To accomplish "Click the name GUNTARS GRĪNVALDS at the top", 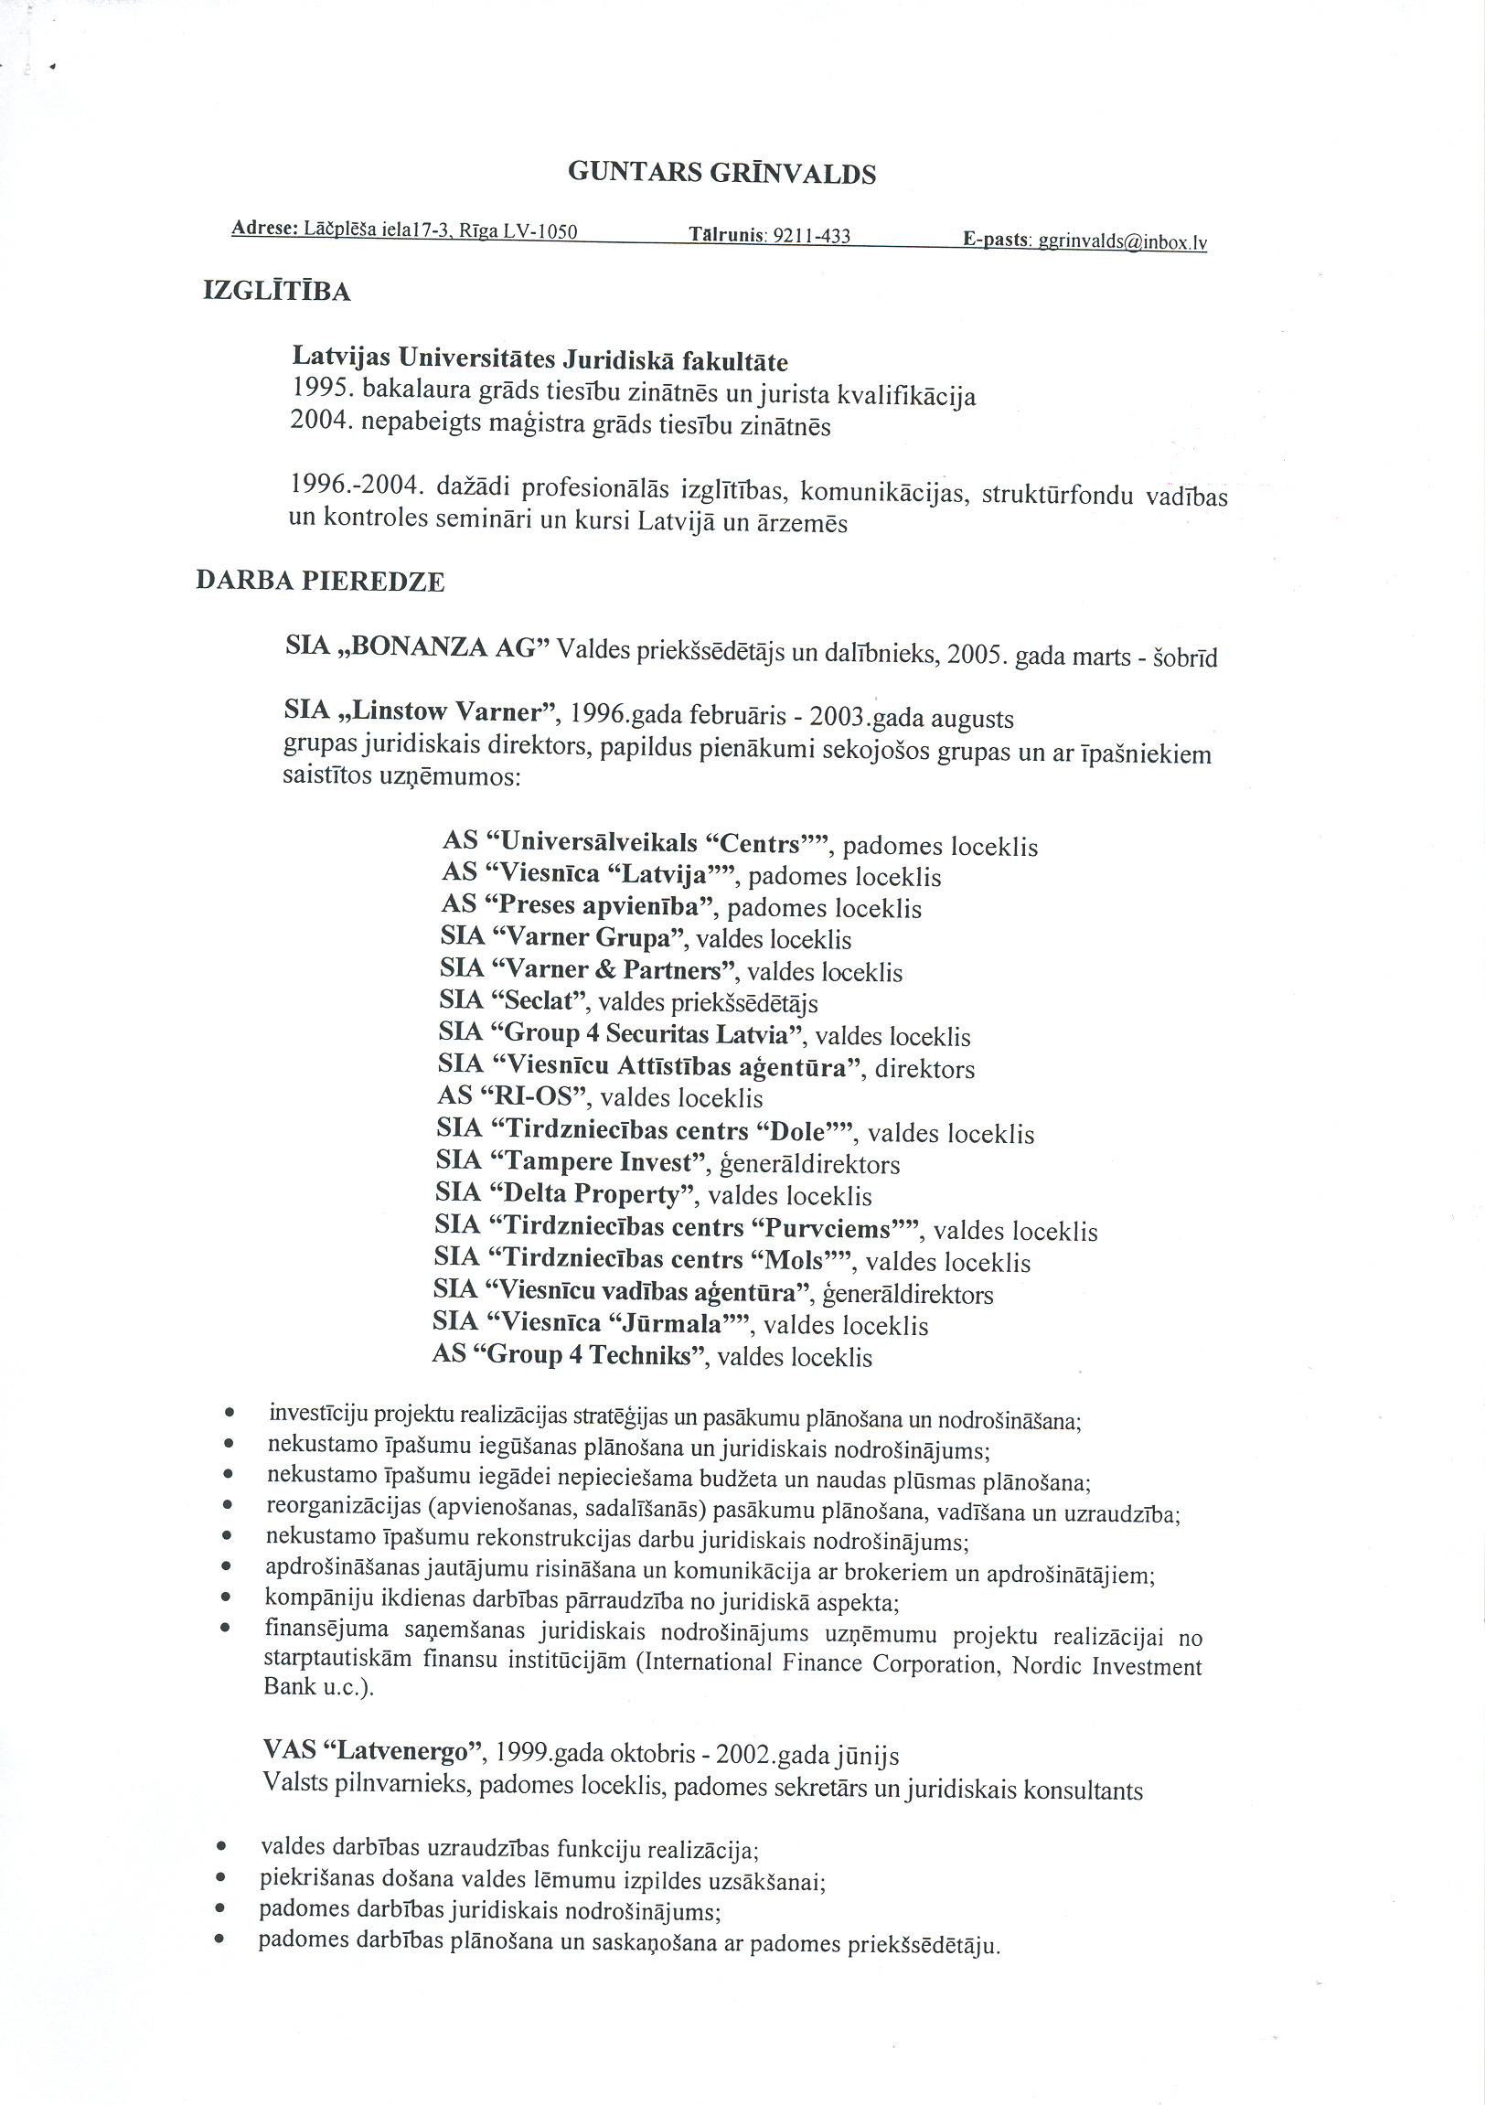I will click(x=721, y=172).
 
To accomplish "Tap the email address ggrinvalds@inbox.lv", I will click(x=1121, y=243).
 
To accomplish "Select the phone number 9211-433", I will click(x=812, y=237).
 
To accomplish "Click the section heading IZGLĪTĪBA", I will click(x=276, y=293).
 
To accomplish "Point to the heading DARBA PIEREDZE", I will click(x=320, y=582).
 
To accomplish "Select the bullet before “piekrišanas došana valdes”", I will click(x=220, y=1878).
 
